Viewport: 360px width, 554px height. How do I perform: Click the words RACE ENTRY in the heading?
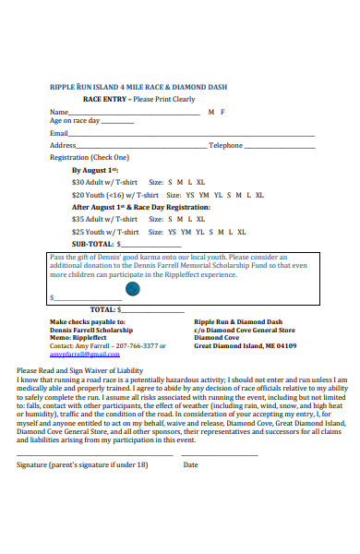pyautogui.click(x=103, y=98)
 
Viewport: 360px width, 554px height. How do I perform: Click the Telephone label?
pyautogui.click(x=225, y=145)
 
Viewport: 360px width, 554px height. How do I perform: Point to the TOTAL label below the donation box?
pyautogui.click(x=102, y=309)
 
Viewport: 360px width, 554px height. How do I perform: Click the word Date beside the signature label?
pyautogui.click(x=190, y=464)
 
